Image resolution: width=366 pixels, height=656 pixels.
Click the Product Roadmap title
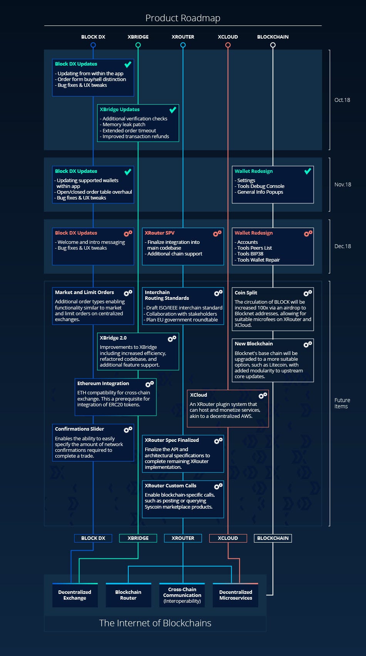point(183,18)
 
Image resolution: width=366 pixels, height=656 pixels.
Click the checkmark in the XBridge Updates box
point(173,110)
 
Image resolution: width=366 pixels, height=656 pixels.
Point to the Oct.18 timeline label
point(342,100)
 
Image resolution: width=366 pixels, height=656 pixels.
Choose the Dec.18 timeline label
point(342,246)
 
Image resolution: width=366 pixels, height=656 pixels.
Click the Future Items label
point(342,403)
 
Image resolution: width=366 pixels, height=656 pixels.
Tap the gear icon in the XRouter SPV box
point(217,233)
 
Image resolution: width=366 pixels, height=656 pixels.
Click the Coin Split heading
point(246,292)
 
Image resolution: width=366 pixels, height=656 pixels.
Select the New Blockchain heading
point(254,343)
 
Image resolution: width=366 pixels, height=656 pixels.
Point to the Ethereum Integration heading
point(103,383)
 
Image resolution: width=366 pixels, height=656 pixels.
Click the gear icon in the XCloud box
point(263,396)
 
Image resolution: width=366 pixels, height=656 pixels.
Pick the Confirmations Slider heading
point(79,429)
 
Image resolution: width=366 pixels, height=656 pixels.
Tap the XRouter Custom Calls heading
point(170,485)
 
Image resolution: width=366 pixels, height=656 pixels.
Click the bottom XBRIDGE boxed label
point(138,538)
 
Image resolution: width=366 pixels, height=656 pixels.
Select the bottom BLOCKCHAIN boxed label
point(273,538)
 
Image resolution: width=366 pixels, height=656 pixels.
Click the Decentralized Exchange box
point(75,595)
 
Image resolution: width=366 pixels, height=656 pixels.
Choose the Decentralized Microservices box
point(235,595)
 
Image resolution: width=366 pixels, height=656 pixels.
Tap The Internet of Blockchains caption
point(155,623)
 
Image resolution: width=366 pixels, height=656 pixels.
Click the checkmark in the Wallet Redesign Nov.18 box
point(307,171)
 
